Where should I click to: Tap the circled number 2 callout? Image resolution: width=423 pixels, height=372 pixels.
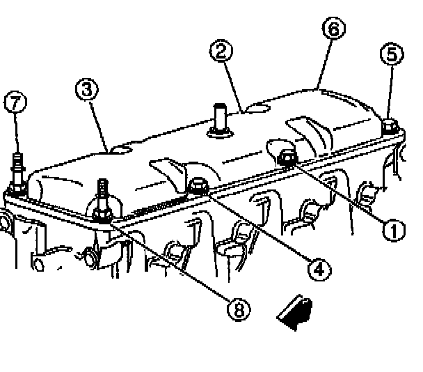point(223,52)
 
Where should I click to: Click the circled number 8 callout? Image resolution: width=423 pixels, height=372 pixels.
point(239,310)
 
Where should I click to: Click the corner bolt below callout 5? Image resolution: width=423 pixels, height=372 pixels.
point(390,127)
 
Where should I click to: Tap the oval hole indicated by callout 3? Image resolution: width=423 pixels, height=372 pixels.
point(123,148)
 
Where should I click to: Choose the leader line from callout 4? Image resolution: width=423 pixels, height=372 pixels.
point(257,226)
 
